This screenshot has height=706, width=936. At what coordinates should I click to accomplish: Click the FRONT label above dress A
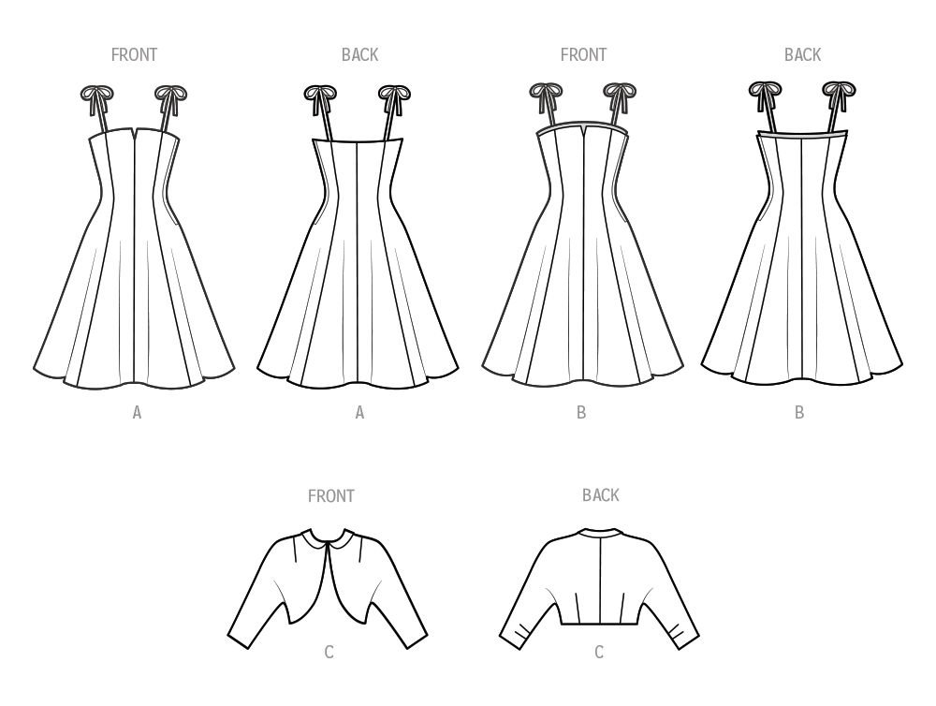point(134,55)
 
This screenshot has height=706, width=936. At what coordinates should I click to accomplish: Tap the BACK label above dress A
point(359,55)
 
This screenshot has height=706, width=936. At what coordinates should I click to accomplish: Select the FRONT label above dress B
point(583,55)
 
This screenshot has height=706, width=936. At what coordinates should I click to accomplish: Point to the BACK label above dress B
point(802,55)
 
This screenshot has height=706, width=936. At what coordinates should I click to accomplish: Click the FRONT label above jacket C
point(331,496)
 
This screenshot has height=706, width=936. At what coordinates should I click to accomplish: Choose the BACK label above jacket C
point(600,495)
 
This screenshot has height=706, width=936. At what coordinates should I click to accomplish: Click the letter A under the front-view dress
point(137,412)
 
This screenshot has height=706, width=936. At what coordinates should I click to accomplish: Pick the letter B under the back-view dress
point(799,412)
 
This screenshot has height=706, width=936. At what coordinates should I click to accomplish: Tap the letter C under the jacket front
point(329,652)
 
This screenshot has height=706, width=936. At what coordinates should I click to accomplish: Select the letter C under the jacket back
point(599,652)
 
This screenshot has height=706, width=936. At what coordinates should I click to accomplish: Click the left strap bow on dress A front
point(95,94)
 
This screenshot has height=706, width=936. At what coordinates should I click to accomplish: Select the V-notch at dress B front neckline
point(583,129)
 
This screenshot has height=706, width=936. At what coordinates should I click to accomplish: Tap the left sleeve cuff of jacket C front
point(241,639)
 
